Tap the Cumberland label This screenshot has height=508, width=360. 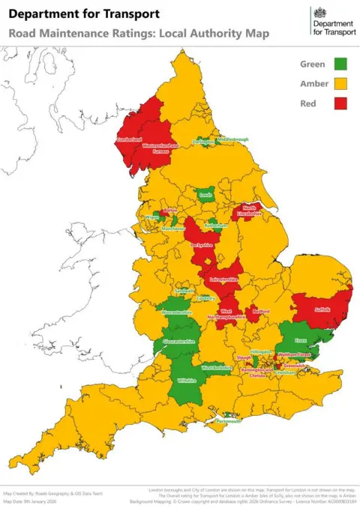tap(128, 139)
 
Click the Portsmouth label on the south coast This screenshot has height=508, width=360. tap(229, 421)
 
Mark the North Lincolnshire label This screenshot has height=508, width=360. tap(249, 212)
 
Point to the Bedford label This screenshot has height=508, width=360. tap(261, 310)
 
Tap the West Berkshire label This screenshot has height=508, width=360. tap(217, 368)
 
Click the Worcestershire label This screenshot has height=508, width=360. tap(178, 312)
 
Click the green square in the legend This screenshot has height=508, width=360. tap(340, 64)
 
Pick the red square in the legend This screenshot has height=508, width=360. tap(340, 103)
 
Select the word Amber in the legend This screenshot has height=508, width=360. tap(313, 84)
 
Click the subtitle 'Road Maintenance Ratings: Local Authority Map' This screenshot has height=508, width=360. tap(139, 34)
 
